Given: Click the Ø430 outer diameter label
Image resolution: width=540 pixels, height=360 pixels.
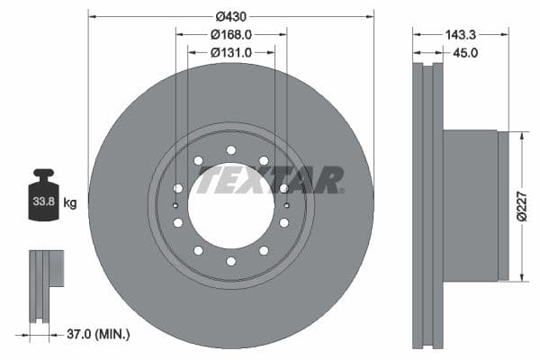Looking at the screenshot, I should tap(230, 16).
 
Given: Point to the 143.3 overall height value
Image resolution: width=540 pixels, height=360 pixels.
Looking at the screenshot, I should tap(460, 34).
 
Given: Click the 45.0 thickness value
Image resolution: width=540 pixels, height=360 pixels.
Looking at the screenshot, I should tap(465, 53).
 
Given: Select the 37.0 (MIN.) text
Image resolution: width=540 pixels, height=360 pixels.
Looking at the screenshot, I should tap(98, 334).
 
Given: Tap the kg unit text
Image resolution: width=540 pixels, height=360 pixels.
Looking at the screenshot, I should tap(70, 202).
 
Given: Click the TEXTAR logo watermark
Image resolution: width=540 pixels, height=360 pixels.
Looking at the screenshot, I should tap(270, 180).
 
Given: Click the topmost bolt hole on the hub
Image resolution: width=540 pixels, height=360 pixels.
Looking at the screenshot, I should tap(230, 149).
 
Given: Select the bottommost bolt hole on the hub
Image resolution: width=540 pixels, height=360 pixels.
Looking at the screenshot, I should tap(230, 261).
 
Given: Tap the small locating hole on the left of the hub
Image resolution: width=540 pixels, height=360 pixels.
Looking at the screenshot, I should tap(175, 205).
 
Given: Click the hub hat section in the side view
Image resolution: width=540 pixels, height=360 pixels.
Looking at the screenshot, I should tap(471, 205).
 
